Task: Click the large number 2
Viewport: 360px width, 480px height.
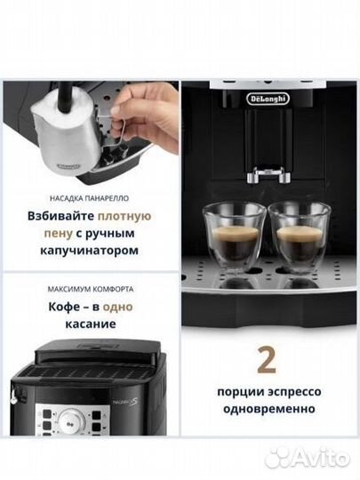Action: point(267,358)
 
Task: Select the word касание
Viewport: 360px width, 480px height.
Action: point(92,324)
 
